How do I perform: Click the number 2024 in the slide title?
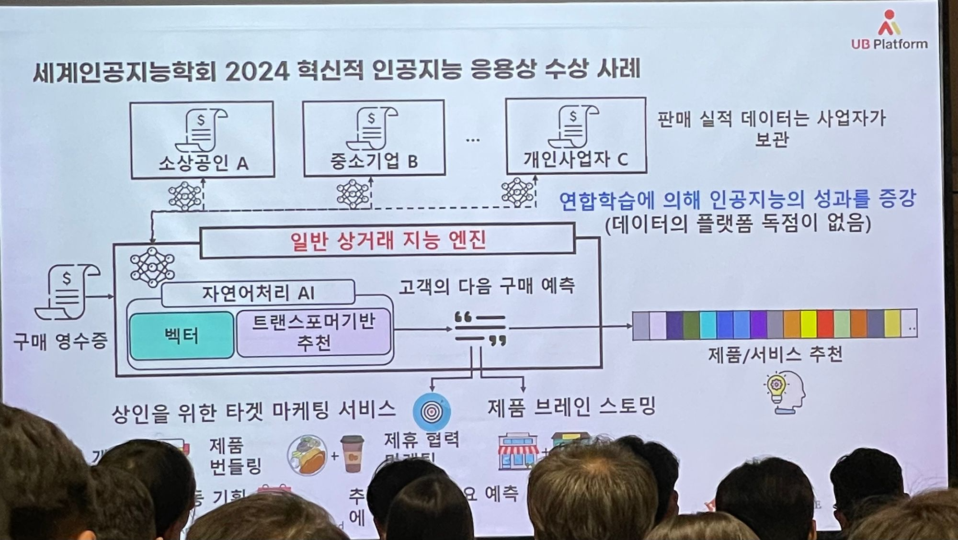point(257,72)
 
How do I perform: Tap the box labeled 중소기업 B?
point(374,138)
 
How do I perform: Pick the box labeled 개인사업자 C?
point(576,135)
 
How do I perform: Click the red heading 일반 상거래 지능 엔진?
point(388,240)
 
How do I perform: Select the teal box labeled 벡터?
point(182,335)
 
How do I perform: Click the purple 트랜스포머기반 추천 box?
point(314,333)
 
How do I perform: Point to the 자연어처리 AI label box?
point(258,292)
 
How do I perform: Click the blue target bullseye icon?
point(432,411)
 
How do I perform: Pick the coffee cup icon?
point(352,453)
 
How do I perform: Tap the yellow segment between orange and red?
point(809,324)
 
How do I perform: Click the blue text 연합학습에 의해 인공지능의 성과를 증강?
point(737,199)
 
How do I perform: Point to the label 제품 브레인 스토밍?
point(571,407)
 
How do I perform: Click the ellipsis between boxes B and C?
point(473,140)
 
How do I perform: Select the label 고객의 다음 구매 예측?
point(487,286)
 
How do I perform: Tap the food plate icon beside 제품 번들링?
point(307,454)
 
